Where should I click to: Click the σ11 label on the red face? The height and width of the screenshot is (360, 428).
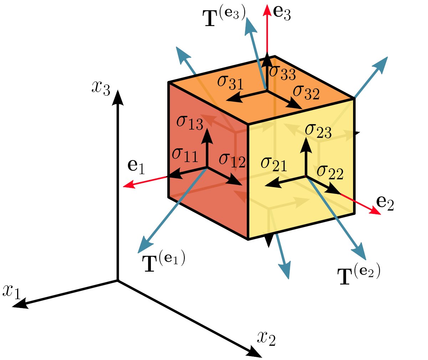(x=184, y=155)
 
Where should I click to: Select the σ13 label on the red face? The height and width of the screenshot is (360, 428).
(x=189, y=123)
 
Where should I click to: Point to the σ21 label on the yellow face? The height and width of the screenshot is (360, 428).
(x=274, y=164)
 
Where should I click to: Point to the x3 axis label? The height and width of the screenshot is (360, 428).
(x=101, y=87)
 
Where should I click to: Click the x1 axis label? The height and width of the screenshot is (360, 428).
(x=12, y=291)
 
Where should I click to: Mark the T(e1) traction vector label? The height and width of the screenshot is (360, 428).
(x=164, y=263)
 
